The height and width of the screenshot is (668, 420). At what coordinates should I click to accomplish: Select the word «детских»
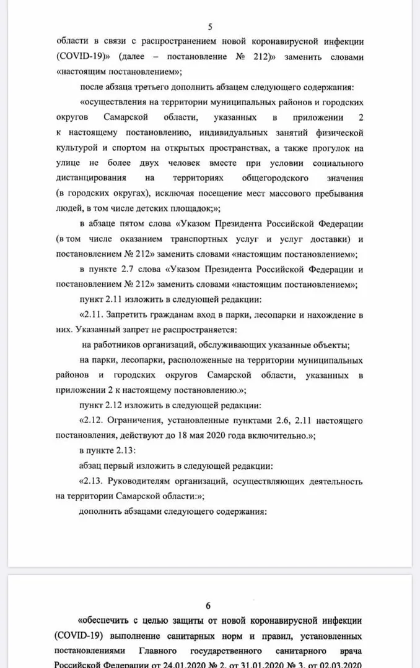coord(144,208)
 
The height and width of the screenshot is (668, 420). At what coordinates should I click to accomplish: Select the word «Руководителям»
coord(147,480)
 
